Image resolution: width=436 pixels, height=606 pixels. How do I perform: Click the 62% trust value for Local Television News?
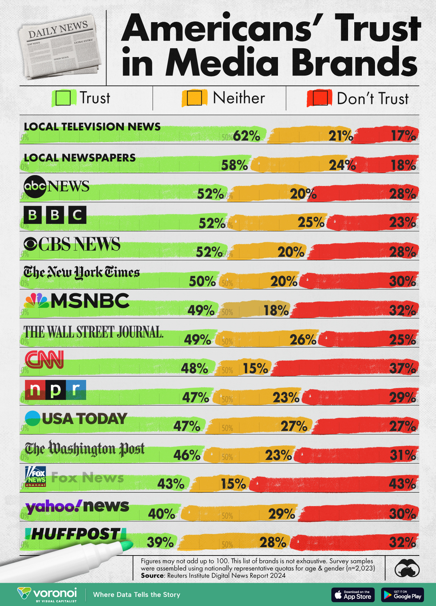click(246, 136)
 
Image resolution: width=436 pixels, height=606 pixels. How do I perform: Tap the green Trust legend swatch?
click(63, 98)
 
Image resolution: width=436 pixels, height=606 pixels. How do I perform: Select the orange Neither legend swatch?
click(194, 98)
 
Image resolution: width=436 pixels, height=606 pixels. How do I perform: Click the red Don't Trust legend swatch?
click(320, 98)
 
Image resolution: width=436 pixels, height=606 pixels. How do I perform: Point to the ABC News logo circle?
click(35, 187)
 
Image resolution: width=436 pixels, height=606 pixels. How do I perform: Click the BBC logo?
click(55, 215)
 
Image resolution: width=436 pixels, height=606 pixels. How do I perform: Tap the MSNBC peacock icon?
click(37, 301)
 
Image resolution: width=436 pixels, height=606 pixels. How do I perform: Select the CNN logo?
click(44, 359)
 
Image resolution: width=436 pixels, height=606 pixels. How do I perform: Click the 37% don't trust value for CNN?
click(402, 368)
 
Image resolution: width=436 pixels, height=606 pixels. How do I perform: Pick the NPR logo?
click(55, 389)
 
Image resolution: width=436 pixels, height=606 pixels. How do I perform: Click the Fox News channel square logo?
click(36, 476)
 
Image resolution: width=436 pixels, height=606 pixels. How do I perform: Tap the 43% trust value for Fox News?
click(171, 484)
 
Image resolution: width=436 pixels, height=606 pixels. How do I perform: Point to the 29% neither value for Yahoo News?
click(282, 514)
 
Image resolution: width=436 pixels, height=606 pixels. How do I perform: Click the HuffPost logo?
click(76, 534)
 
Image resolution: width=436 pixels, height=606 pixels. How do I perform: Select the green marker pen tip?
click(126, 545)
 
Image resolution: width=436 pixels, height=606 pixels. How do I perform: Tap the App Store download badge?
click(353, 595)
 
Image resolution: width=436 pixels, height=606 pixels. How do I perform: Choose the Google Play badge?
click(402, 595)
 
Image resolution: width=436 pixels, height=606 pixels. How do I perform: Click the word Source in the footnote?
click(153, 575)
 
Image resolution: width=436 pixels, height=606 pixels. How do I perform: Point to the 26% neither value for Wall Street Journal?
click(303, 340)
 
